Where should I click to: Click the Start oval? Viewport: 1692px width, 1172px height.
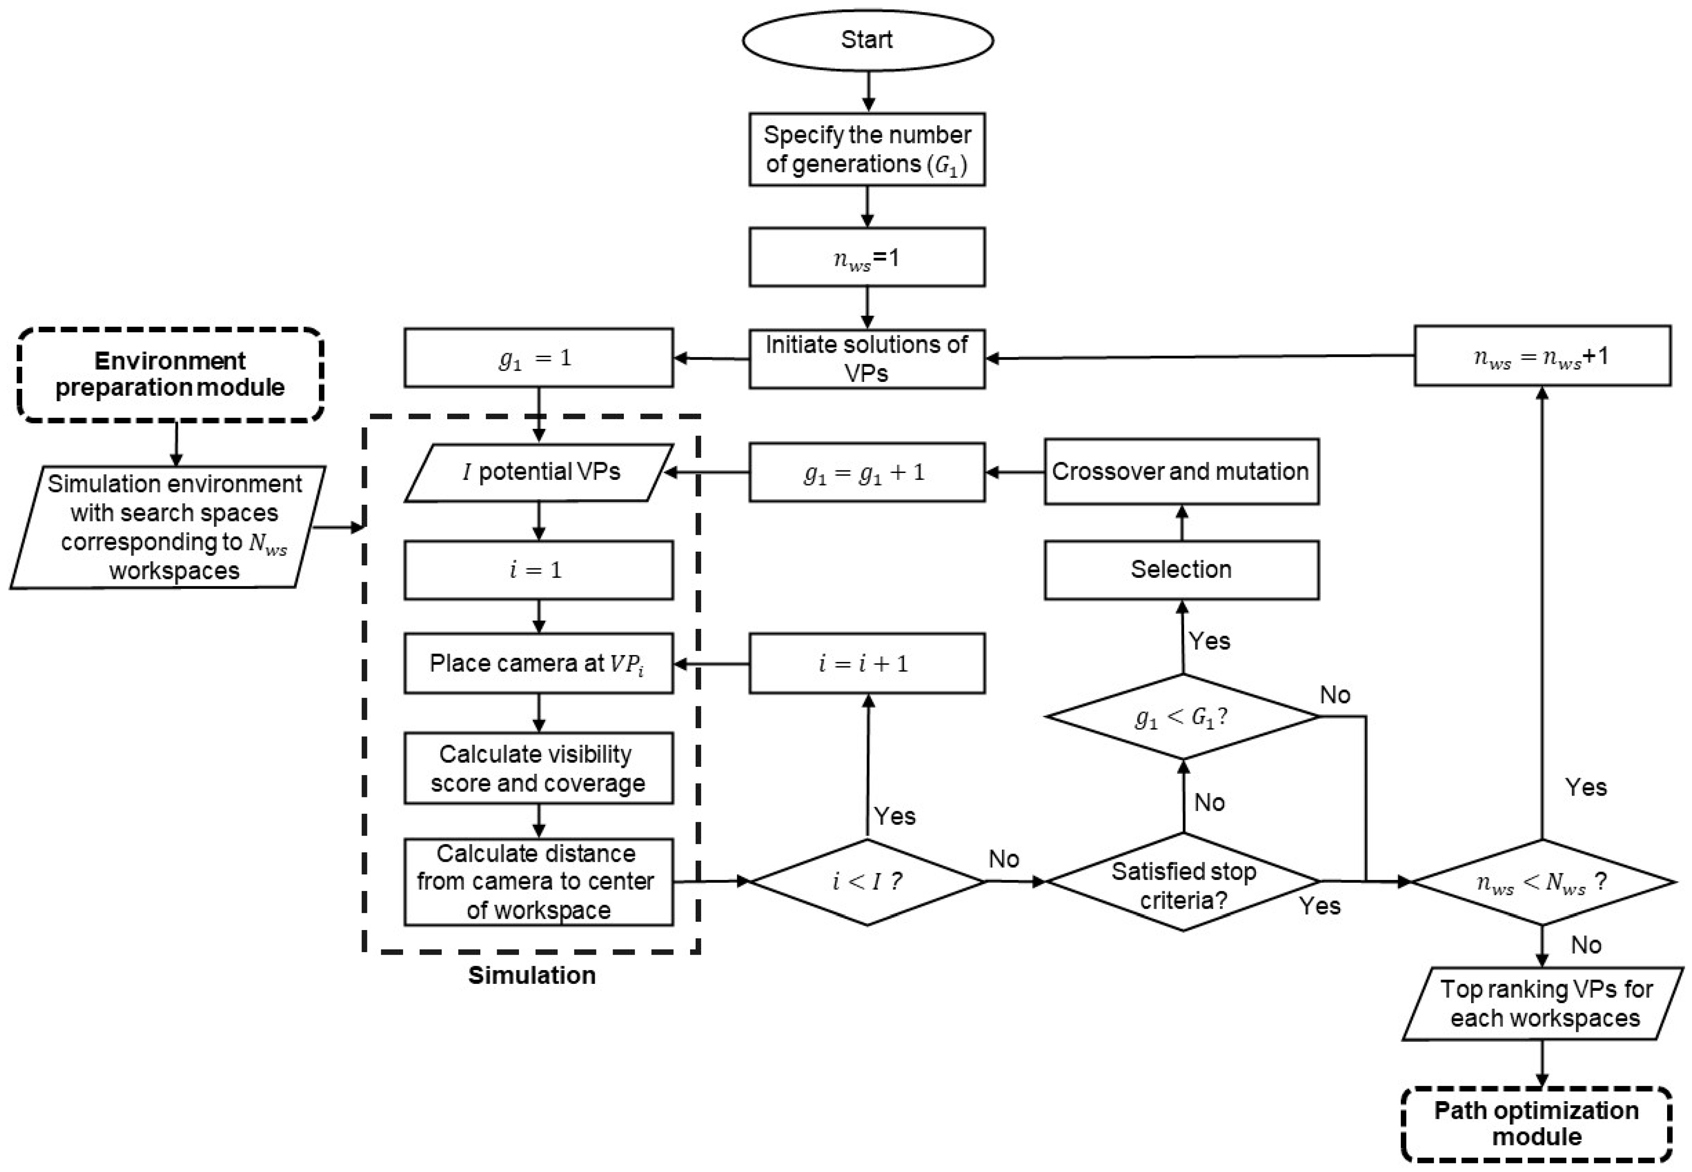(867, 40)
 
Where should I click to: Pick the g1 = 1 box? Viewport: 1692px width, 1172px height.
(538, 357)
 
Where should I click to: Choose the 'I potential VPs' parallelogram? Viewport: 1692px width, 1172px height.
(538, 472)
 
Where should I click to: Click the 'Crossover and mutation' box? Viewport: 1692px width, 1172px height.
(1181, 471)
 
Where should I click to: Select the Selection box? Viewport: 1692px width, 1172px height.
(1181, 570)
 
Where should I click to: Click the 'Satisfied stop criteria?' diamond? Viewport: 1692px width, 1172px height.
(1182, 881)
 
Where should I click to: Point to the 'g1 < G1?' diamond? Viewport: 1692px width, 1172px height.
(1182, 717)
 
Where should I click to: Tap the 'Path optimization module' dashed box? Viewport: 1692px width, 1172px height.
(1536, 1123)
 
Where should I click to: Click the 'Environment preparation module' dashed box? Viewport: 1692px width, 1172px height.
(171, 375)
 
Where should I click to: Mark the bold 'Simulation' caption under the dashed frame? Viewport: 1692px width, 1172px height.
(531, 975)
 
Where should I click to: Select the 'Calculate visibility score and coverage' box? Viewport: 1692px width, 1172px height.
(538, 768)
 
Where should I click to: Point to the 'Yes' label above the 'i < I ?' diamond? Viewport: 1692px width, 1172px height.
(895, 816)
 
